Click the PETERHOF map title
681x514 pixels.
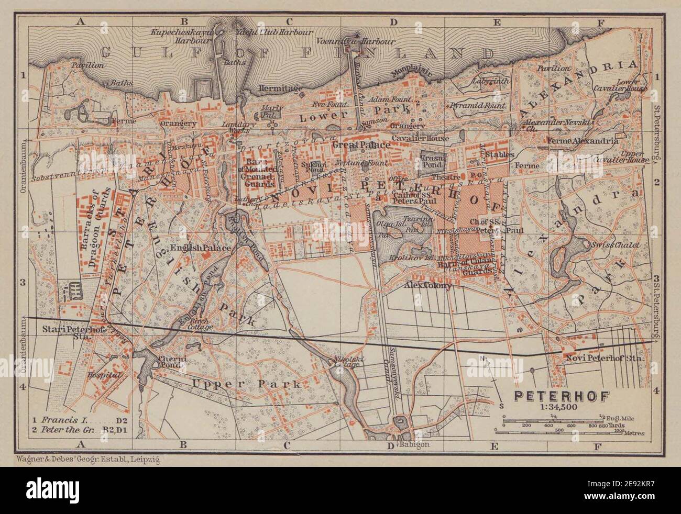click(x=560, y=396)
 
